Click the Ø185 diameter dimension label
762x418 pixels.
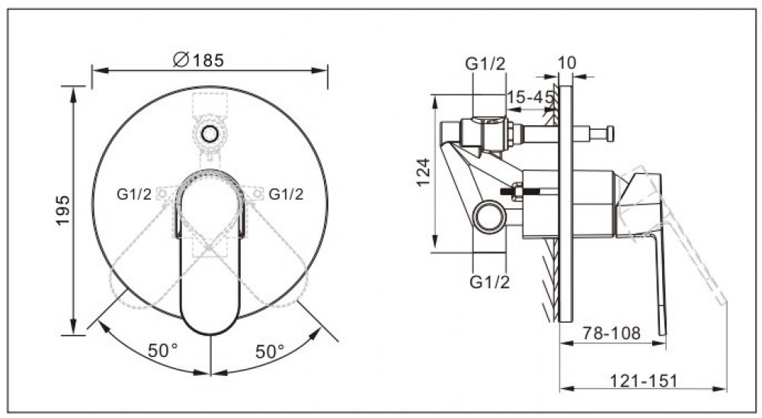198,59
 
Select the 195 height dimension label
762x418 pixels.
62,211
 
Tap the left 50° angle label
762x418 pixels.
163,350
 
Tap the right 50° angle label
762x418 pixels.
270,352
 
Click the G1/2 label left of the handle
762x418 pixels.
134,195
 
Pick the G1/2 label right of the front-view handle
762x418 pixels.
286,195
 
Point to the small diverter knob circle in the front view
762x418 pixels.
210,133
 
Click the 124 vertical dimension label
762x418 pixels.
423,172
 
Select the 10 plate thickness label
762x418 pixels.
566,63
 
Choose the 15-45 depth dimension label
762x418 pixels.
530,98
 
